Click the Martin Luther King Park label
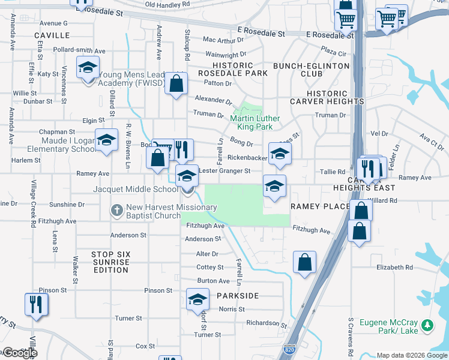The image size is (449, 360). pos(252,122)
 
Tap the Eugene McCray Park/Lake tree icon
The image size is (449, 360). pos(427,325)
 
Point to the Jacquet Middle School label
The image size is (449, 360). pos(135,189)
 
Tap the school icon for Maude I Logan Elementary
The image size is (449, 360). pos(106,140)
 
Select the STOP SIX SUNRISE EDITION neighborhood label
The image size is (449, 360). pos(111,262)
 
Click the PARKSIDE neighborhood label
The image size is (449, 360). pos(238,296)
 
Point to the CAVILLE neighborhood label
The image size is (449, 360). pos(52,36)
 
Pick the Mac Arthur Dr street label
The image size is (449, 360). pos(224,40)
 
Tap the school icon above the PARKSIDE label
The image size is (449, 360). pos(197,299)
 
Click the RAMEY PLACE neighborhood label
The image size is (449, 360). pos(320,206)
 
